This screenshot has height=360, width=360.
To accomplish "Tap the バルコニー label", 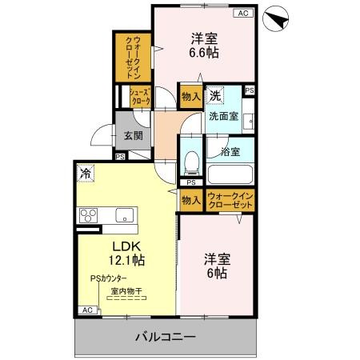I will click(164, 337).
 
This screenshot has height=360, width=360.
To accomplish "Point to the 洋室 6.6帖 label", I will click(204, 45).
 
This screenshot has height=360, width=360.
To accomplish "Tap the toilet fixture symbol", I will click(190, 163).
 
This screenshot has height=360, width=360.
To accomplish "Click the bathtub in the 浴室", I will click(230, 174).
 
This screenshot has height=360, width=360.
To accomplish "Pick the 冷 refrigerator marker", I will click(85, 170).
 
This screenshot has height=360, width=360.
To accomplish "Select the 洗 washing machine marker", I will click(215, 96).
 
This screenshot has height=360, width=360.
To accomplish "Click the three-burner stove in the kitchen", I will click(87, 214).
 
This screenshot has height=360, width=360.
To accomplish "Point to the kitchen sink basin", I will click(124, 214).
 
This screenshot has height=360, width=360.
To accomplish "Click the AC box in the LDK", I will click(87, 310).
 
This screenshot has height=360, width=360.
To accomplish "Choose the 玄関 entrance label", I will click(133, 135).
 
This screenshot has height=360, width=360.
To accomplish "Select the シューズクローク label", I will click(140, 97).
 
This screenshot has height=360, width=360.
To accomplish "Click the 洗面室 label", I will click(223, 116).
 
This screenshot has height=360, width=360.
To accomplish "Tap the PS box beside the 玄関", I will click(120, 157).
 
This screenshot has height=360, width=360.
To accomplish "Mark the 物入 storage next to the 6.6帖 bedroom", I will click(190, 96).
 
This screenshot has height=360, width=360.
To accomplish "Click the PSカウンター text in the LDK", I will click(109, 278).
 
